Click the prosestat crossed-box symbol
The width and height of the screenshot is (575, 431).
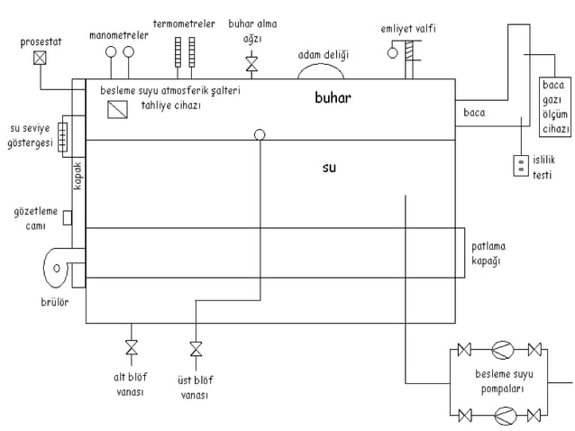point(40,58)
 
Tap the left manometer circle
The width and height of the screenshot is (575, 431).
point(111,51)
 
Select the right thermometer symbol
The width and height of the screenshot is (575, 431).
point(192,52)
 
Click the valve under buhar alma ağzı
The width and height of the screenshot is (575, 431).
point(251,64)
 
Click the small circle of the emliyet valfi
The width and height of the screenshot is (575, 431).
point(392,53)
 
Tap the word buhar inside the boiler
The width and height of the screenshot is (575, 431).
point(333,97)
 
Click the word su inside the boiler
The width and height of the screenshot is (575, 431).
point(329,168)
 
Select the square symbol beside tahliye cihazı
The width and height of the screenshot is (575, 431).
point(117,109)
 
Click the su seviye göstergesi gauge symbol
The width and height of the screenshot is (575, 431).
point(63,137)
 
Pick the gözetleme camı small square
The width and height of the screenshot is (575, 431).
point(68,217)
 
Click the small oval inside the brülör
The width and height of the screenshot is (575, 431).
point(57,268)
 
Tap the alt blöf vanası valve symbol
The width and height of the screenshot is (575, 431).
point(132,347)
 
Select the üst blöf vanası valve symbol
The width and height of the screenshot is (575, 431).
point(196,349)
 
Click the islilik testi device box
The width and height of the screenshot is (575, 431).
point(521,166)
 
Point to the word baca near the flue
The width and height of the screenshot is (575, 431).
point(474,113)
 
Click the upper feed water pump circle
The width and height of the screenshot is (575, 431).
point(502,350)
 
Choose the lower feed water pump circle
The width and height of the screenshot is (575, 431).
point(506,416)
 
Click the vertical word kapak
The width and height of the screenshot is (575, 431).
point(78,176)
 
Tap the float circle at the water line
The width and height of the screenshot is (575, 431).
point(260,134)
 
